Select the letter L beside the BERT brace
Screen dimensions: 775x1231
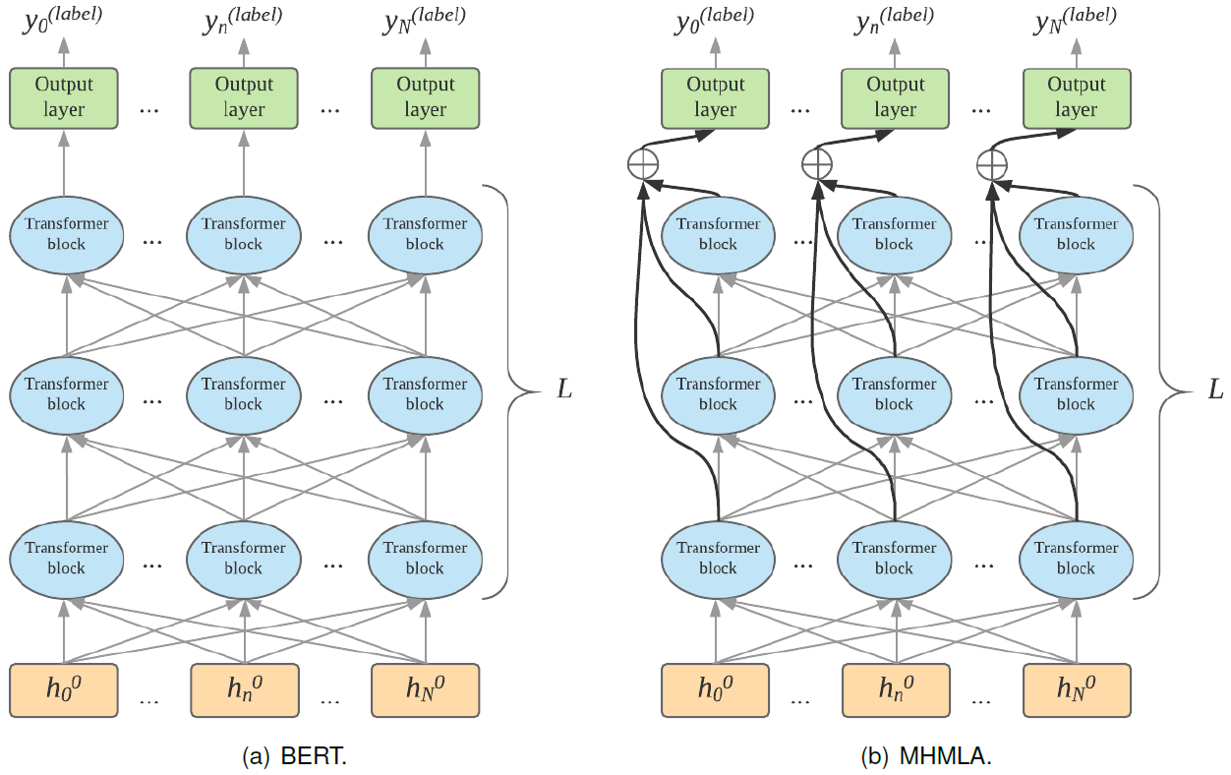click(x=563, y=389)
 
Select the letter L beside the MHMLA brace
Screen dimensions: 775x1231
click(x=1215, y=389)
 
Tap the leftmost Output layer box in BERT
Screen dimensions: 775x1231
click(x=64, y=97)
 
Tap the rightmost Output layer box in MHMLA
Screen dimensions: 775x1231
click(x=1077, y=97)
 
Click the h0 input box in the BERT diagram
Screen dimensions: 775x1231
click(x=64, y=689)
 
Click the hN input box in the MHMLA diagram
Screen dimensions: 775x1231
click(x=1077, y=689)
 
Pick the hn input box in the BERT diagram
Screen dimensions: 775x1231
click(x=244, y=689)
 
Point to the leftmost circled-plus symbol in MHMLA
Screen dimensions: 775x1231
click(x=642, y=164)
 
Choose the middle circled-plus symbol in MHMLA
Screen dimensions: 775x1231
click(x=816, y=164)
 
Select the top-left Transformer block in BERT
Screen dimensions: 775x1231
click(x=67, y=234)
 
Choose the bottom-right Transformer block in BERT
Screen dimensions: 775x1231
click(x=425, y=558)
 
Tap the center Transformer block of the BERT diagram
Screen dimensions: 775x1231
click(x=244, y=394)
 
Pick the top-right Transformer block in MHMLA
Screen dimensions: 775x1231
click(x=1077, y=234)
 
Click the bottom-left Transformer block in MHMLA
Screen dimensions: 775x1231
click(x=719, y=558)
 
